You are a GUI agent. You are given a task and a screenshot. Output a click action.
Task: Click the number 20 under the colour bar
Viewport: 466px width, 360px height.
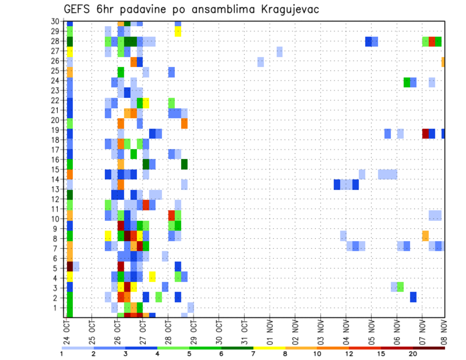pos(413,354)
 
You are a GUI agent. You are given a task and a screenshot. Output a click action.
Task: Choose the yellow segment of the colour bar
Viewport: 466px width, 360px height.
pos(269,347)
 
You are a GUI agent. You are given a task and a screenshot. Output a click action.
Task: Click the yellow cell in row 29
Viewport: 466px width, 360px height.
pos(178,32)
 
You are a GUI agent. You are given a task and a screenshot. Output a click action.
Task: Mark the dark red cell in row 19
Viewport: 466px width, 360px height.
pos(426,133)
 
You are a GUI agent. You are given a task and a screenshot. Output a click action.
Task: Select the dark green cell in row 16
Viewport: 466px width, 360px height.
pos(184,164)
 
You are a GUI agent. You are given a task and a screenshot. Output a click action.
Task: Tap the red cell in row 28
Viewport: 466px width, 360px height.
pos(432,41)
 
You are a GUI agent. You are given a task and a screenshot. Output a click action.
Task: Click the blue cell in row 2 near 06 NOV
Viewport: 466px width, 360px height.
pos(413,297)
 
